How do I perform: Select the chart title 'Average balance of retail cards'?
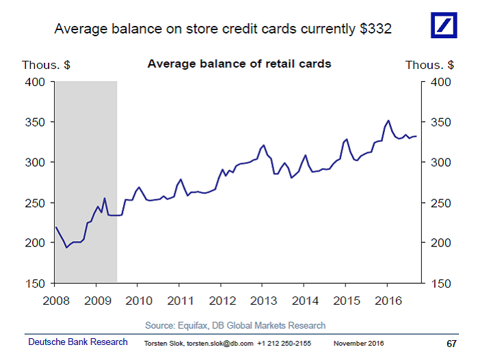(239, 64)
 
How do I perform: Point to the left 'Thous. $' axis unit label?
(46, 65)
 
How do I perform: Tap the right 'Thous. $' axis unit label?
(429, 65)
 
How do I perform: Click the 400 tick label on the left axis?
(35, 82)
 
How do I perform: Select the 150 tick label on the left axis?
(35, 283)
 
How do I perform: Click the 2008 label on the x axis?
(55, 300)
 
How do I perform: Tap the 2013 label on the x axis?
(262, 300)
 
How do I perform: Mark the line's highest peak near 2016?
(388, 121)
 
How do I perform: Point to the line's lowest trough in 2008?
(66, 247)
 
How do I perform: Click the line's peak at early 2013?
(263, 145)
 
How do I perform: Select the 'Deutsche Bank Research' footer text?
(77, 342)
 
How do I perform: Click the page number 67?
(451, 342)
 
